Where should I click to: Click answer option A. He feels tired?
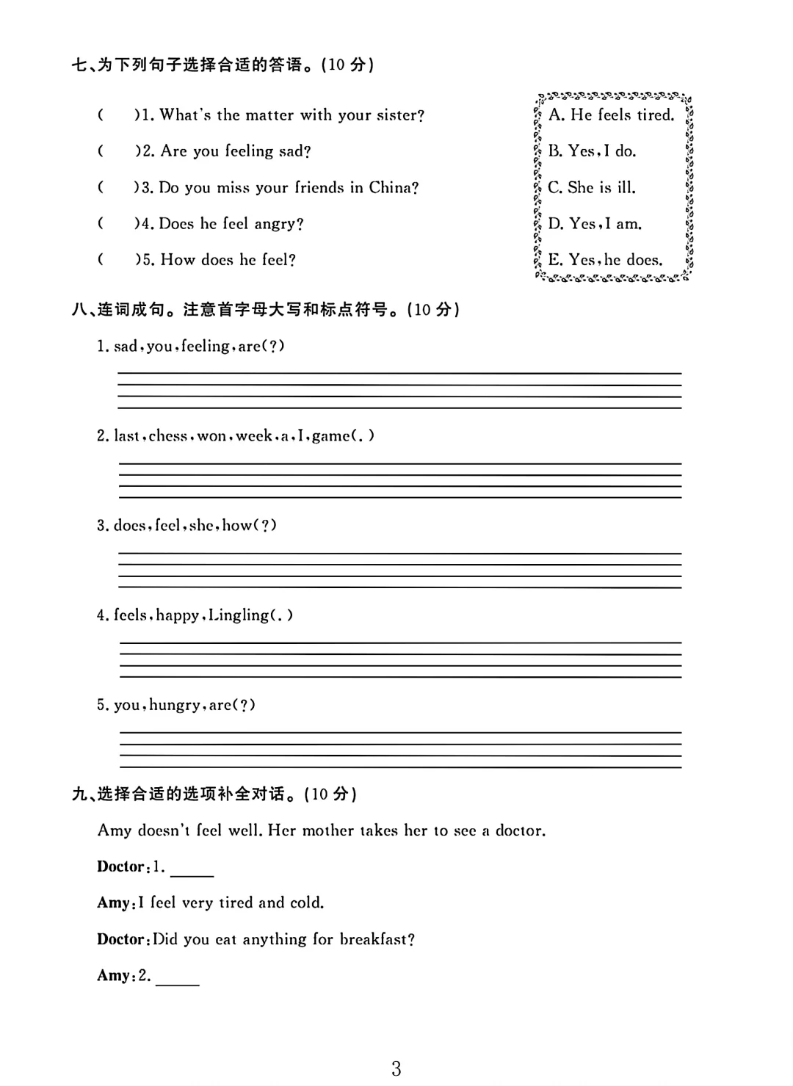pos(611,115)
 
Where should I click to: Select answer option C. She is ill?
pos(592,187)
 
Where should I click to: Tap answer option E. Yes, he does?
pos(605,260)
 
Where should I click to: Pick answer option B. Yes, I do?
pos(592,151)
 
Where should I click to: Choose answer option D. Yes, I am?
pos(595,223)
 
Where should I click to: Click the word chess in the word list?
pos(167,435)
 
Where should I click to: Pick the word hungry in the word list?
pos(174,706)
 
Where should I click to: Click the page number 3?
pos(396,1068)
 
